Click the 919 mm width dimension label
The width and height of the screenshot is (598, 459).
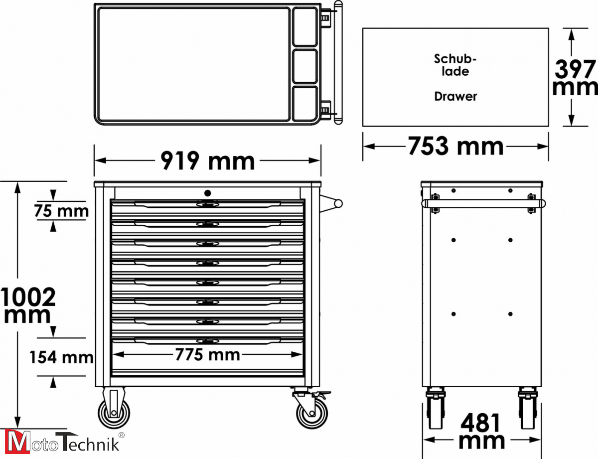(208, 161)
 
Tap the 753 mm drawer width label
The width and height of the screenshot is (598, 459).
(455, 147)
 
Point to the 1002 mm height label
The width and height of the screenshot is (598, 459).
(28, 305)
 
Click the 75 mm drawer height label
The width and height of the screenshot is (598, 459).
(61, 211)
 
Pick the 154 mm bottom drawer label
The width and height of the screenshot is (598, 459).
(61, 357)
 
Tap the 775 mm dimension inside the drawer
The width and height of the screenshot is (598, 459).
(208, 354)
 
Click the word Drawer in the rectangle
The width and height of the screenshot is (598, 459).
(455, 96)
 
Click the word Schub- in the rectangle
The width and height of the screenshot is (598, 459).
(455, 59)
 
